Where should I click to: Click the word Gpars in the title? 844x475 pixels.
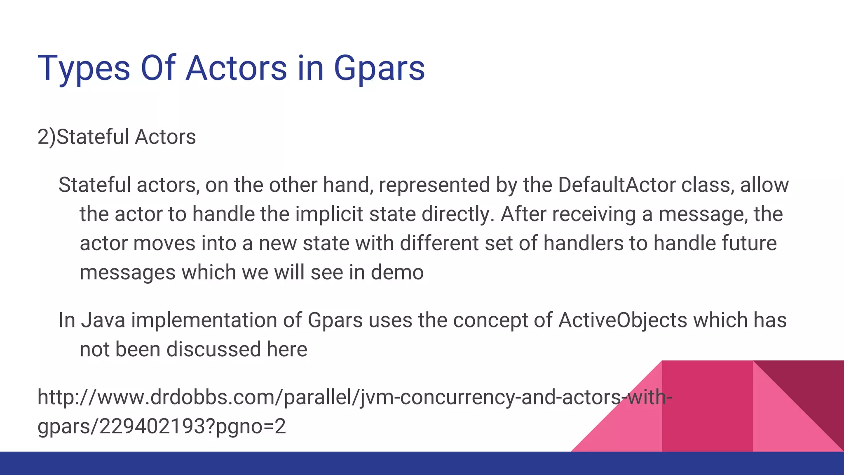pyautogui.click(x=379, y=68)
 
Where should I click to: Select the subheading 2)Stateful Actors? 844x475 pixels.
pyautogui.click(x=117, y=137)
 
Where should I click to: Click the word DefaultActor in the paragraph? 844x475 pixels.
pyautogui.click(x=617, y=185)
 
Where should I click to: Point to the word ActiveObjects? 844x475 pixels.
pyautogui.click(x=623, y=320)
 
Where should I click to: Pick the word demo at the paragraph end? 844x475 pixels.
pyautogui.click(x=397, y=273)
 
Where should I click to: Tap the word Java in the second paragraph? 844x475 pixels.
pyautogui.click(x=103, y=320)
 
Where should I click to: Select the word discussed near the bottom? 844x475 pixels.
pyautogui.click(x=213, y=350)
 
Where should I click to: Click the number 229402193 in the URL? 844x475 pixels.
pyautogui.click(x=155, y=426)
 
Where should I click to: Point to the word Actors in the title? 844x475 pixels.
pyautogui.click(x=236, y=68)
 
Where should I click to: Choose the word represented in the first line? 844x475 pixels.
pyautogui.click(x=434, y=185)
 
